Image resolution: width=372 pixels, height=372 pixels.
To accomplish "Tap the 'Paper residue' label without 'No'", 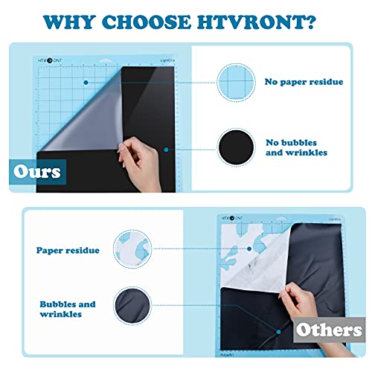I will pos(69,251).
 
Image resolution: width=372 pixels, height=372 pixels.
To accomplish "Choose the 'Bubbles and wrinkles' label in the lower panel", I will pos(66,310).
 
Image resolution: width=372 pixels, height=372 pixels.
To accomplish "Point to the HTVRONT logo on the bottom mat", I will pos(235,219).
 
